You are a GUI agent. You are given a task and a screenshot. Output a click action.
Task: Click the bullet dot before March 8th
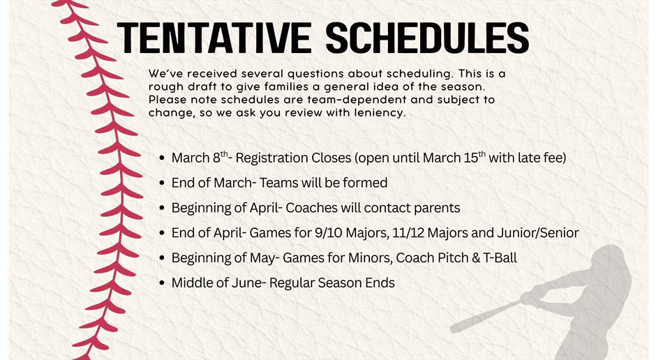coord(162,158)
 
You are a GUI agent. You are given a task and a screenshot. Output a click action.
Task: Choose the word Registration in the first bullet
coord(267,158)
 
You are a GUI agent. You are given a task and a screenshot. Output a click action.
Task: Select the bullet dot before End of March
coord(162,183)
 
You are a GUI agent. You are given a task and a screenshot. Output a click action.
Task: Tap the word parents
coord(438,208)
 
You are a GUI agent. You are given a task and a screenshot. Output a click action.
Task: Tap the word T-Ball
coord(498,258)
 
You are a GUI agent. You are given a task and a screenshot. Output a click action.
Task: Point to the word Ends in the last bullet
coord(380,283)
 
